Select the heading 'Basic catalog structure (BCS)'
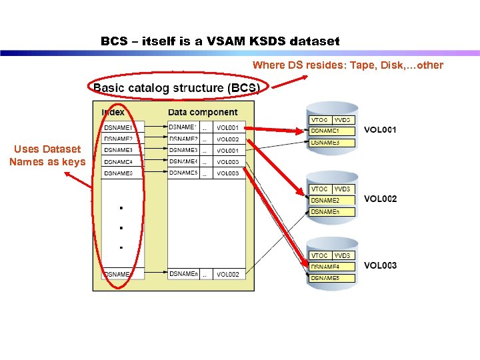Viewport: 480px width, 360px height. coord(177,88)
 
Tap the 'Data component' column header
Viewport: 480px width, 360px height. coord(203,113)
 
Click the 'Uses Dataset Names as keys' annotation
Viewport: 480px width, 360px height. coord(47,155)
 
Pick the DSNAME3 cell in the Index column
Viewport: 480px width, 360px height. coord(119,151)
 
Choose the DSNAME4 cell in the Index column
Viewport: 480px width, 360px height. coord(119,162)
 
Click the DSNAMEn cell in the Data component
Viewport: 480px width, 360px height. coord(183,274)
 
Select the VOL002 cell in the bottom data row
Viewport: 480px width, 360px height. coord(228,274)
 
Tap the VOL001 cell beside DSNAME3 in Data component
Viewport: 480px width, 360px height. coord(228,151)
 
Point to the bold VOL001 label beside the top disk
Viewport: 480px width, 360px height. coord(380,129)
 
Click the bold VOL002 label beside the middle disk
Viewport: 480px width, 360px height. coord(380,199)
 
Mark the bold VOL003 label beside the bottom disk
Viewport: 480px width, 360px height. coord(380,265)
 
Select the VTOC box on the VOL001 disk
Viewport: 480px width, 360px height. coord(319,120)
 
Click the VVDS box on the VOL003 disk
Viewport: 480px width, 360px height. coord(343,255)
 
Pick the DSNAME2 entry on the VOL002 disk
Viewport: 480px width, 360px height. coord(325,200)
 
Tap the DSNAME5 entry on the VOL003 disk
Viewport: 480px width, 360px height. coord(325,277)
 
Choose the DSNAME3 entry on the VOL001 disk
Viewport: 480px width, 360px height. coord(325,143)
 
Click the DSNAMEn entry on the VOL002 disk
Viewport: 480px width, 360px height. coord(325,211)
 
